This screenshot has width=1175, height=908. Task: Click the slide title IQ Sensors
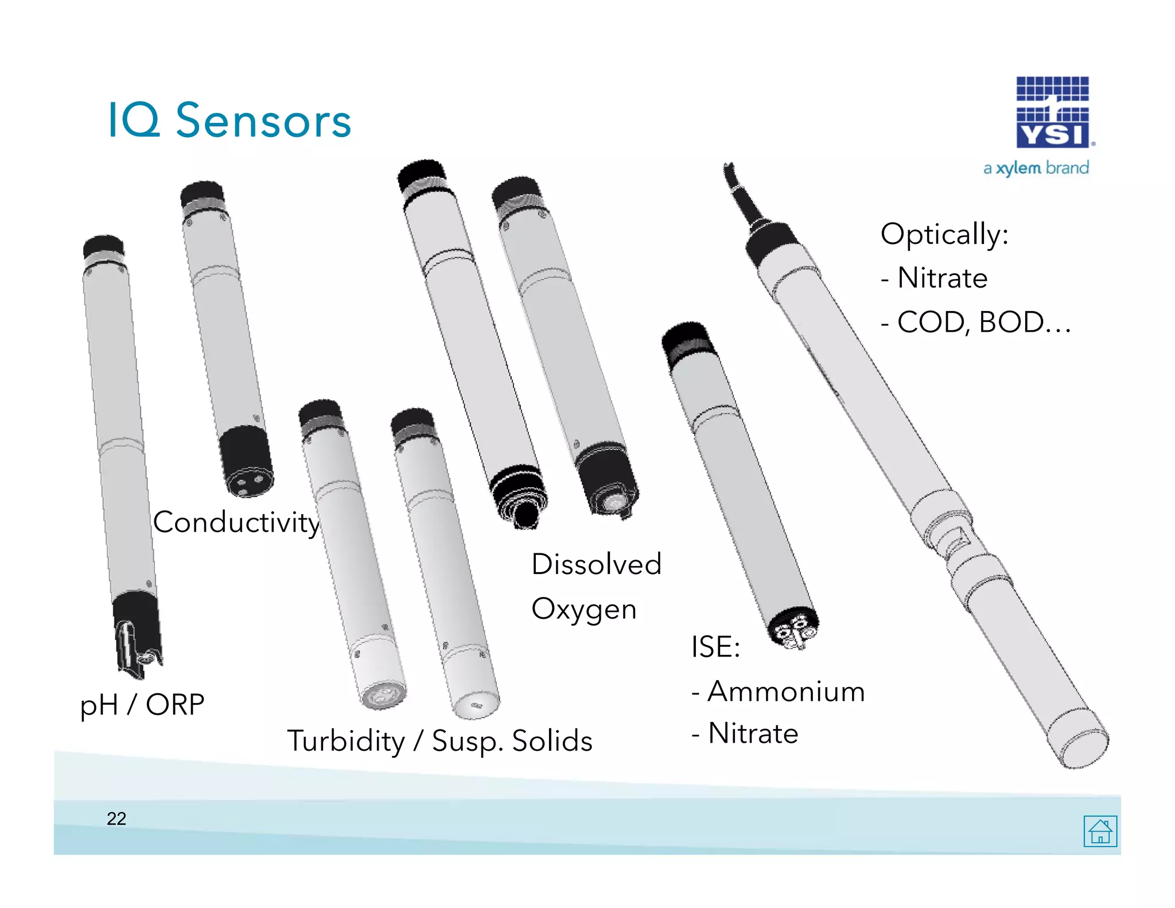(229, 121)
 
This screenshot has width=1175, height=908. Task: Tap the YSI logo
(1053, 112)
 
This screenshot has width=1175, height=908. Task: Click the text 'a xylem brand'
(1036, 168)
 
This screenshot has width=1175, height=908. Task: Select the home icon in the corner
(1100, 831)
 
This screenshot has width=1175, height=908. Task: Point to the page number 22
(116, 818)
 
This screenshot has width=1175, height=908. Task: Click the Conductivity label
(236, 522)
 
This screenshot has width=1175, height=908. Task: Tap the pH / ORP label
(142, 705)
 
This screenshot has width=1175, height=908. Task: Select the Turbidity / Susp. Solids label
(439, 740)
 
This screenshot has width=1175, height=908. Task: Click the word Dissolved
(596, 564)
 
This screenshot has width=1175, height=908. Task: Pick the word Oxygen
(584, 609)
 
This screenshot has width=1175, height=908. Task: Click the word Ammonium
(786, 691)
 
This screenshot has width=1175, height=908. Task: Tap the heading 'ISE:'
(715, 647)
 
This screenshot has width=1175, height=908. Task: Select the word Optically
(944, 234)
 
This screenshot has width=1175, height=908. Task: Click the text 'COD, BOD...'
(983, 322)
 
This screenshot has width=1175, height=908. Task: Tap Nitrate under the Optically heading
(942, 278)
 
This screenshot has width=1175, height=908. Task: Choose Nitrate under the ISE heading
(753, 734)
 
